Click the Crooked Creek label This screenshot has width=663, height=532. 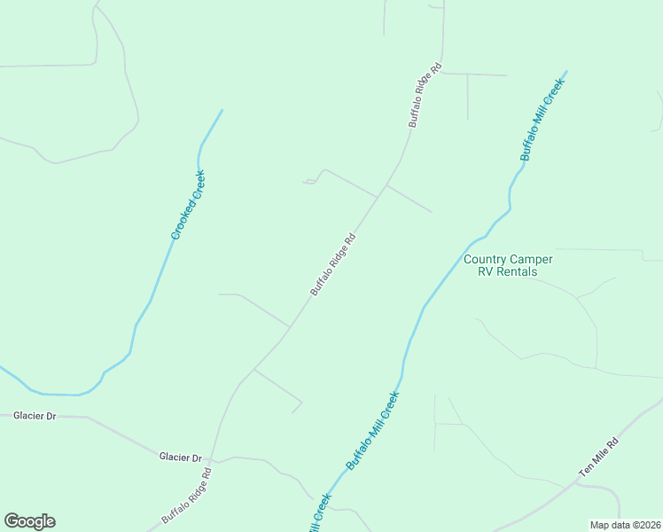point(188,205)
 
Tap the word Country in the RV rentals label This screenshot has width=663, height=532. point(485,260)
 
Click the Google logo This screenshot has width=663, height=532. point(29,521)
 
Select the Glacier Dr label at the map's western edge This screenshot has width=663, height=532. point(35,415)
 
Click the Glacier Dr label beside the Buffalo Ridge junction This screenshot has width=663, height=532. point(181,457)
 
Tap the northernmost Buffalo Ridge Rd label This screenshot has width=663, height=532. point(425,96)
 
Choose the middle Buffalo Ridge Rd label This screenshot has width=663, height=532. point(332,263)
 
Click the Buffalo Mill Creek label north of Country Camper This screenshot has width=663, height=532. point(542,119)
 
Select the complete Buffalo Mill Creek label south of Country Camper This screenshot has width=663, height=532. point(372,431)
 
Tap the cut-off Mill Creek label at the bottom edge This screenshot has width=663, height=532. point(318,515)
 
